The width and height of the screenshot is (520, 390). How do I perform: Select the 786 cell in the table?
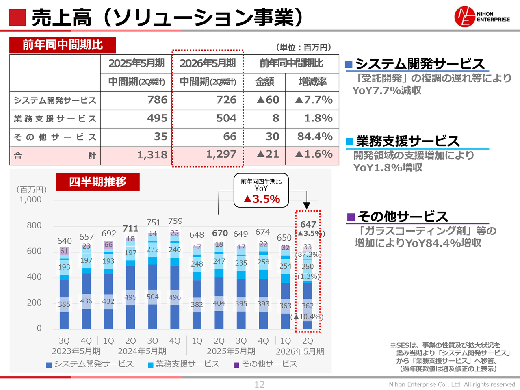point(157,100)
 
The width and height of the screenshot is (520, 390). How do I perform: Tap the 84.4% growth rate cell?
point(315,136)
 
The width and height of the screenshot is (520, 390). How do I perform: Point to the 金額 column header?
point(264,82)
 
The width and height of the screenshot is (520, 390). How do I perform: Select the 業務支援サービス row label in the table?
point(55,119)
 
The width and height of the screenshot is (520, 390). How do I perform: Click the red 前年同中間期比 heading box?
point(63,45)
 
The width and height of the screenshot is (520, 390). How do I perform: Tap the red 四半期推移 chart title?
point(98,182)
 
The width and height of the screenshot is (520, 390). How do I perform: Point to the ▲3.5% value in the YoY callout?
point(262,199)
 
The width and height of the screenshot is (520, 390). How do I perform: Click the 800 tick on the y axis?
point(34,225)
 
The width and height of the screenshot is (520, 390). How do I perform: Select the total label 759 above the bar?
point(175,221)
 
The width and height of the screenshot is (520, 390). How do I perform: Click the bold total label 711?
point(130,229)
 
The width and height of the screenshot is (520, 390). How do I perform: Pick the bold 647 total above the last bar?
point(308,225)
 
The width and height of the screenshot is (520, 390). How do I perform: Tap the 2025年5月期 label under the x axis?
point(231,351)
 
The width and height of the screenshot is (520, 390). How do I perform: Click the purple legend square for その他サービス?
point(236,365)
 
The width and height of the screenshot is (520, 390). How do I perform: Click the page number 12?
point(260,385)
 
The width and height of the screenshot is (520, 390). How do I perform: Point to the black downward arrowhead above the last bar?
point(307,206)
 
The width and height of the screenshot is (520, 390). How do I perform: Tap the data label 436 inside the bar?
point(86,301)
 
